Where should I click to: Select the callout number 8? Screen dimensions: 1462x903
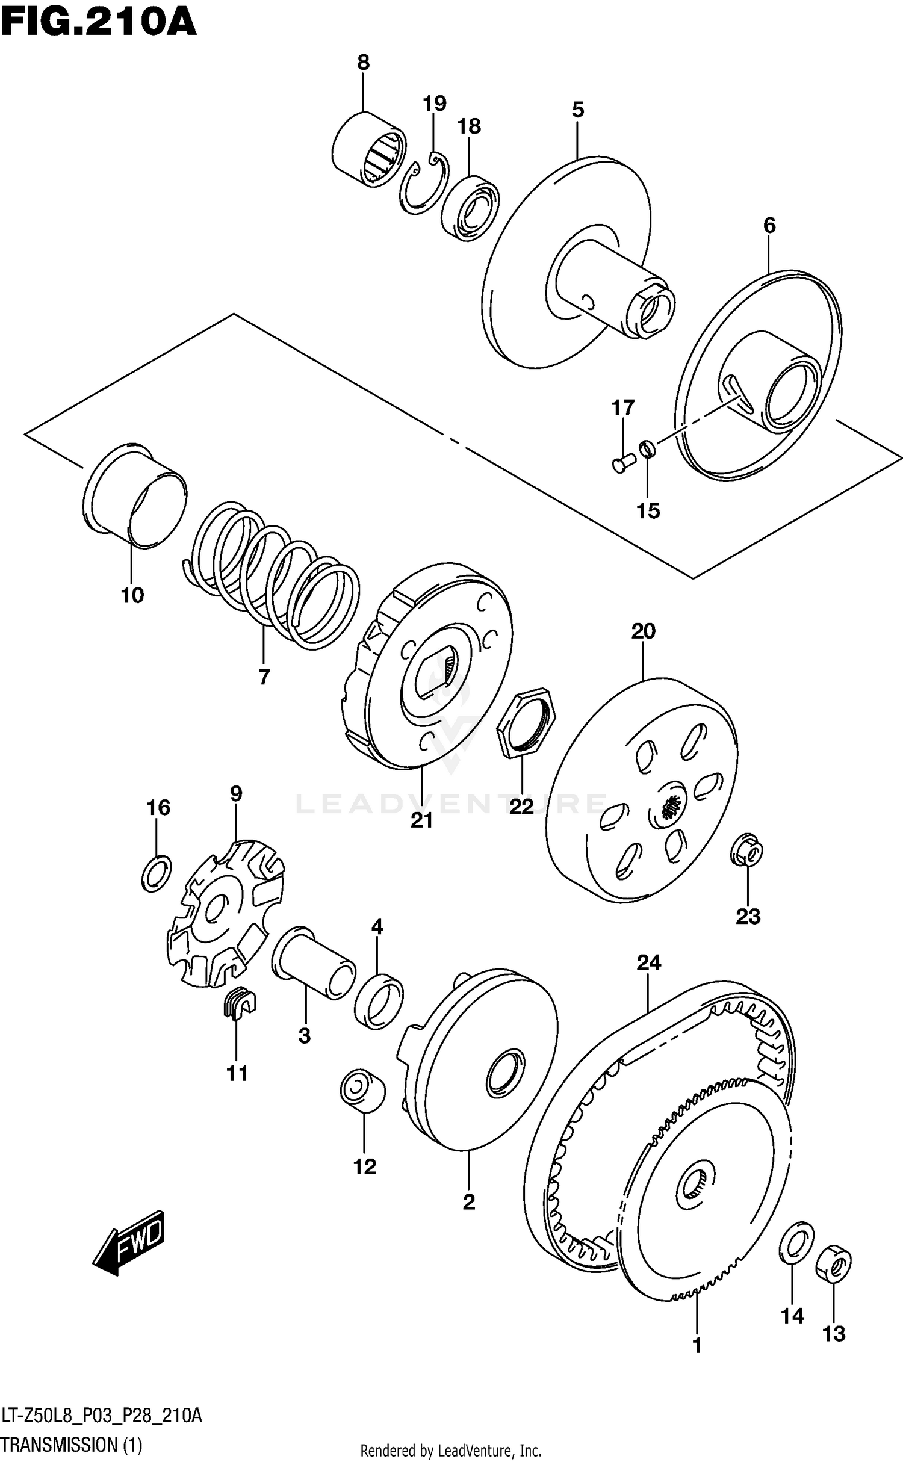[x=363, y=63]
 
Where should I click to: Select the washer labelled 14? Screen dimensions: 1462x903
[x=796, y=1244]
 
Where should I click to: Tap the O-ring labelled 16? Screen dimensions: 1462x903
[x=157, y=873]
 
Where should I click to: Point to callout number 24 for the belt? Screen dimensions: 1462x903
[x=648, y=962]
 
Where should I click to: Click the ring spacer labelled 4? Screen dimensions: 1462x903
[x=379, y=1000]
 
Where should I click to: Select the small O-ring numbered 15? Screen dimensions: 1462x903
[x=647, y=448]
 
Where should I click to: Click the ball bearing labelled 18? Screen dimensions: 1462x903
[x=470, y=208]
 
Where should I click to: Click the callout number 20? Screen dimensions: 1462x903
[x=642, y=631]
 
